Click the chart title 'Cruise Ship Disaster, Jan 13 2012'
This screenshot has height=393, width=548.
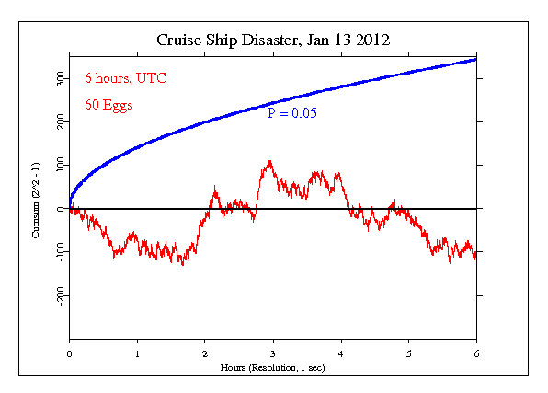(273, 40)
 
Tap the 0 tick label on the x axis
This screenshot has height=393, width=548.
(69, 353)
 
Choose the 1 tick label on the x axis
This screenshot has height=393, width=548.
(137, 353)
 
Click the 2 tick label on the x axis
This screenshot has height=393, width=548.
(205, 353)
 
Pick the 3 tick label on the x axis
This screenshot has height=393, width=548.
(273, 353)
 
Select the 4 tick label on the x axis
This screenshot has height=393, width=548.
(341, 353)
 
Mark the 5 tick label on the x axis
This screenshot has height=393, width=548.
(408, 353)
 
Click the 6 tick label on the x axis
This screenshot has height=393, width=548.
(476, 353)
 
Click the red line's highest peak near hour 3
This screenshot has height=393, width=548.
(268, 161)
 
